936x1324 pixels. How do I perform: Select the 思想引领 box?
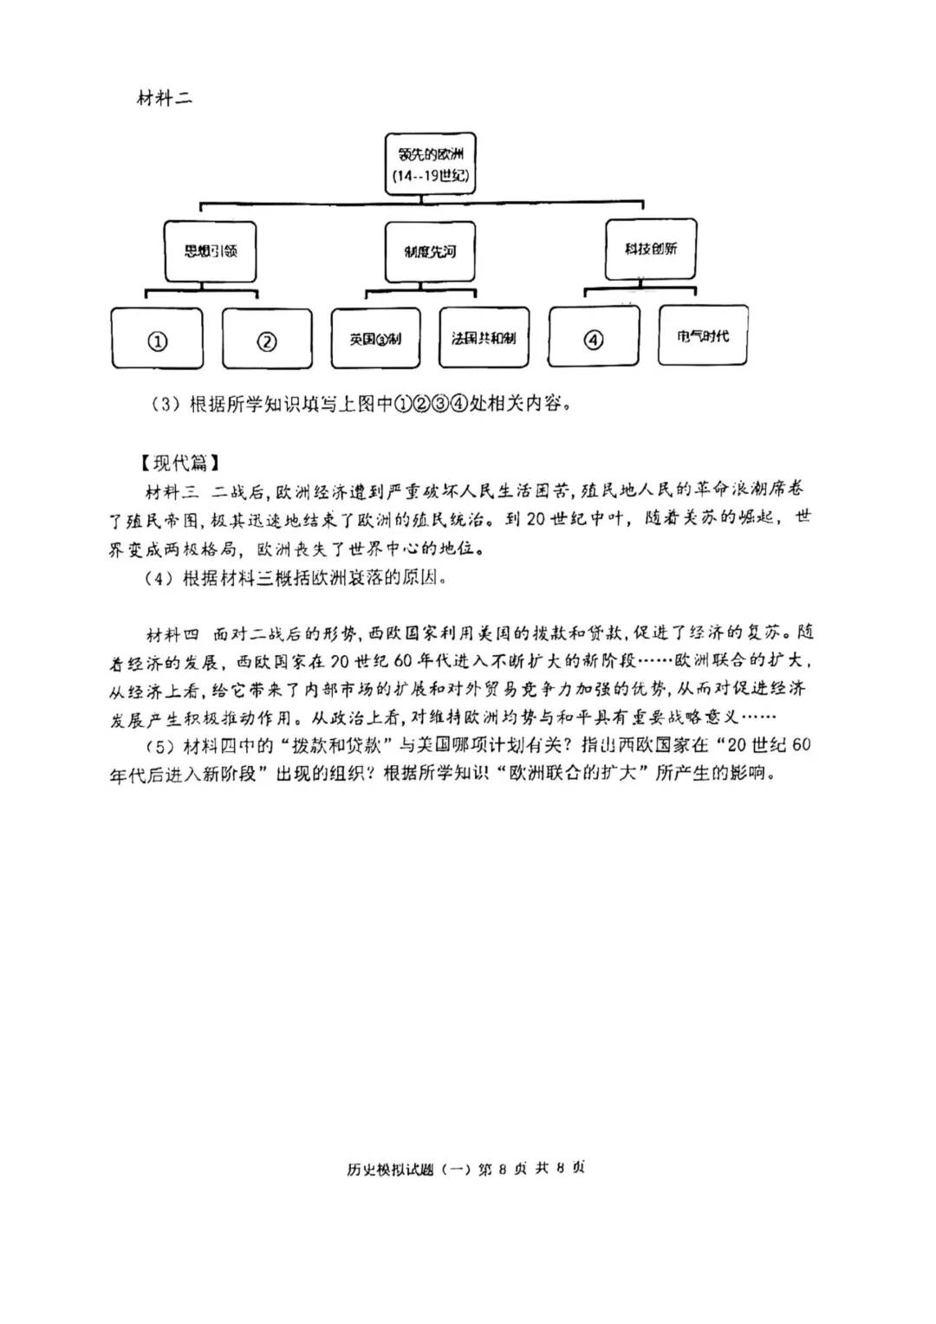pos(210,251)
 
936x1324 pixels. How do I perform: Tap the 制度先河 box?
pos(430,251)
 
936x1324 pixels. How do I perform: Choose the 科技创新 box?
pos(651,249)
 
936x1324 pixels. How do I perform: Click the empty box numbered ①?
pos(157,341)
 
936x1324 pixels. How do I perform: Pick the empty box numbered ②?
pos(267,341)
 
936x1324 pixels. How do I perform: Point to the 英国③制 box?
pos(375,339)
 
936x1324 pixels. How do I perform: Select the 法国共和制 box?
pos(484,338)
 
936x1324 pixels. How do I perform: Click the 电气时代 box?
pos(703,336)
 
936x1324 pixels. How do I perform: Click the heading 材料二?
pos(165,98)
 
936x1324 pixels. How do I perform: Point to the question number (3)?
pos(163,405)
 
